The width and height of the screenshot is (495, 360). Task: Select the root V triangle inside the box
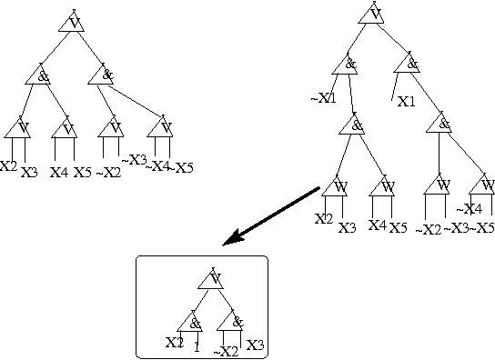coord(211,279)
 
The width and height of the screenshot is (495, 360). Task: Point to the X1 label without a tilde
coord(407,101)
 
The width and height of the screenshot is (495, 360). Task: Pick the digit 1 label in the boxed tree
coord(197,345)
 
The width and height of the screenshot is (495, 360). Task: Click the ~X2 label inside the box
coord(225,350)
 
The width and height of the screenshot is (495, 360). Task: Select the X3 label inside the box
coord(255,344)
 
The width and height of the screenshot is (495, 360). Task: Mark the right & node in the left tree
coord(102,75)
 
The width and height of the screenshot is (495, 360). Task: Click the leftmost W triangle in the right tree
coord(334,187)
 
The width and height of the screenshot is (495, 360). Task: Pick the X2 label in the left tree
coord(8,166)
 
